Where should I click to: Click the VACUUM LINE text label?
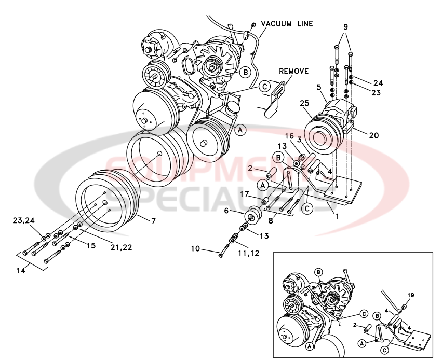(287, 23)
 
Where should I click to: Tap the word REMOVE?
(294, 71)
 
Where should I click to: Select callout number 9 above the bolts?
(345, 26)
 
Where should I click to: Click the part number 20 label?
(373, 136)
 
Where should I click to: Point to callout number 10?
(195, 249)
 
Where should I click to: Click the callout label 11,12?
(249, 254)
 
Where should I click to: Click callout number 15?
(91, 245)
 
